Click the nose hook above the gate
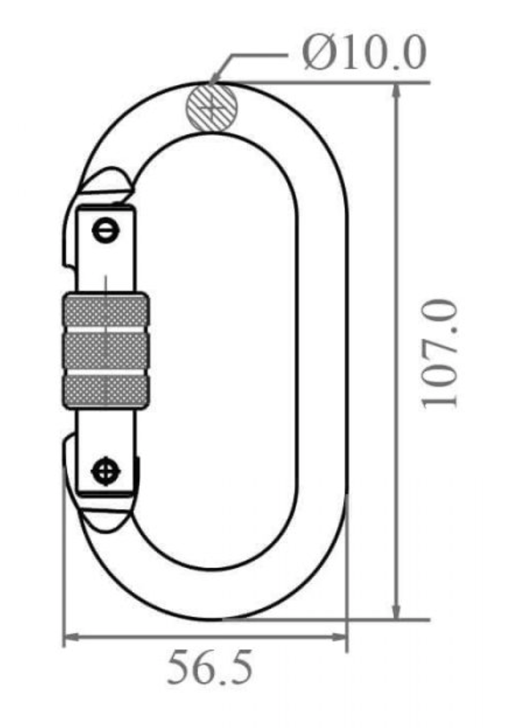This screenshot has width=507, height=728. (104, 185)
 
